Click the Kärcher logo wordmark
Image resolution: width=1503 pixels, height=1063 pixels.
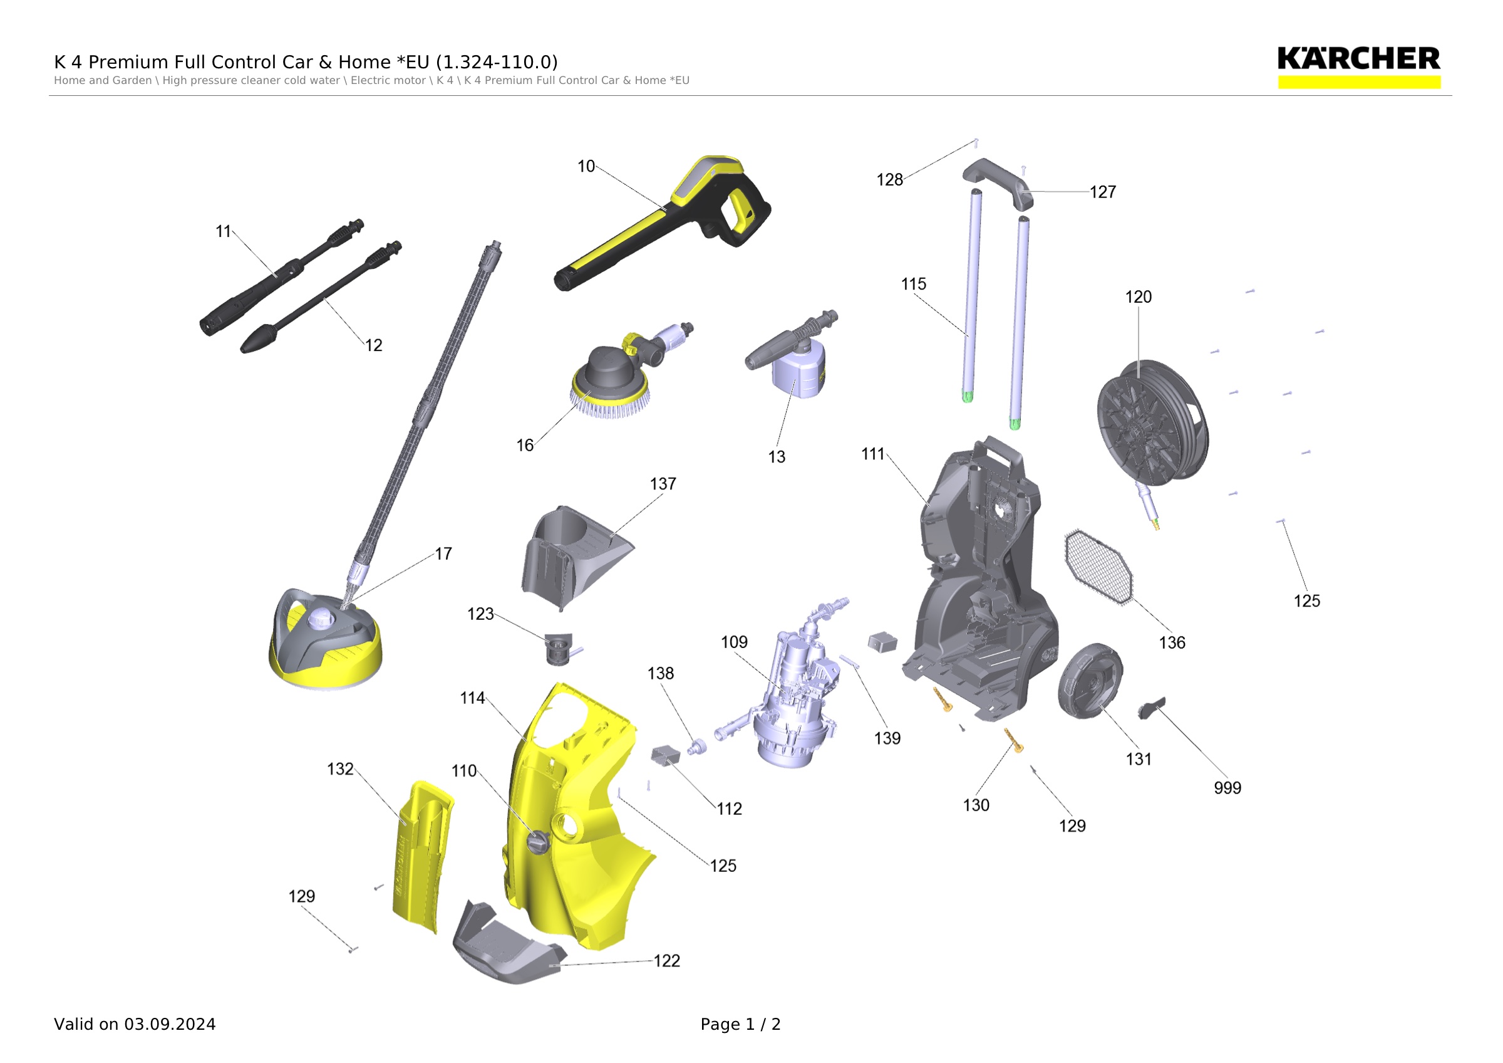[1358, 59]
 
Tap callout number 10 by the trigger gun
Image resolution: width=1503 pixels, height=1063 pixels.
[586, 166]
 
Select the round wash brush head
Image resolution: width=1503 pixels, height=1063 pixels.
[609, 382]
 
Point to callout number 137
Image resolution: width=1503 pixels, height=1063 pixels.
[663, 484]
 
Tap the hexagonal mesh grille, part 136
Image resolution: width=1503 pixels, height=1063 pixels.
[1098, 567]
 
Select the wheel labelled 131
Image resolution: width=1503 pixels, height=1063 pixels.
[1090, 681]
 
